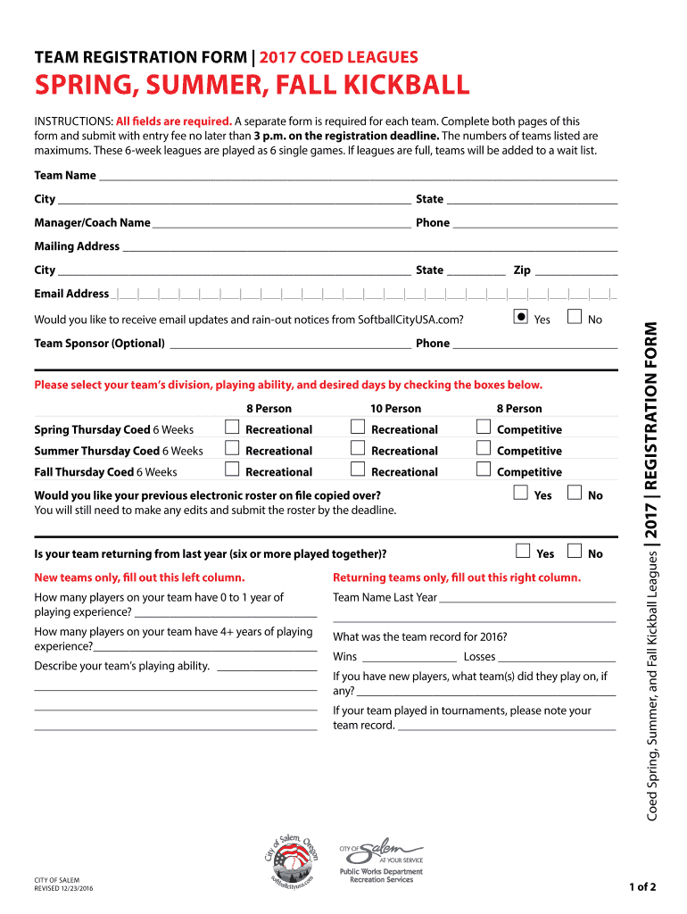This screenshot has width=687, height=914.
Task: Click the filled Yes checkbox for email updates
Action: click(x=520, y=318)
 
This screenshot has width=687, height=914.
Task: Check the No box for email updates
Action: click(x=575, y=318)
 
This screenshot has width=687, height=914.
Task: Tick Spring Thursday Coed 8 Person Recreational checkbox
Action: click(x=232, y=428)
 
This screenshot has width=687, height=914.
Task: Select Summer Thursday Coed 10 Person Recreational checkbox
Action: click(x=358, y=450)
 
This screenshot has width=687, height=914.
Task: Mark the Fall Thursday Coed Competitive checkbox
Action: click(x=484, y=470)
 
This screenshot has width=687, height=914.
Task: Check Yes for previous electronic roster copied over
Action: click(x=521, y=494)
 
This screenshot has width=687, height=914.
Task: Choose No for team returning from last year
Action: click(x=575, y=553)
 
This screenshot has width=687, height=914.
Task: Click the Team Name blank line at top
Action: click(x=357, y=177)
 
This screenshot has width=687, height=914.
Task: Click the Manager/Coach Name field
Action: click(x=280, y=224)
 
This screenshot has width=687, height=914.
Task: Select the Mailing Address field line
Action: click(x=369, y=248)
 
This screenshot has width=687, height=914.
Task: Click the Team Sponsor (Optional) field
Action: click(x=289, y=345)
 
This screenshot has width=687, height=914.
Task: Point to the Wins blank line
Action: click(x=409, y=658)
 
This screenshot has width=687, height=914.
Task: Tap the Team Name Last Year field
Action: click(x=527, y=599)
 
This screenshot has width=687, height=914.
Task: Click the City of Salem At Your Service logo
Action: click(x=381, y=852)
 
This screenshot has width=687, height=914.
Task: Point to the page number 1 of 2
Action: click(x=641, y=887)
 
